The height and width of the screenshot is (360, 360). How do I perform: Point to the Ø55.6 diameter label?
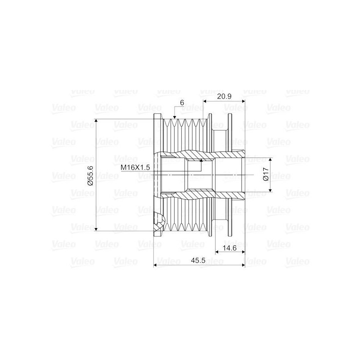[x=90, y=175]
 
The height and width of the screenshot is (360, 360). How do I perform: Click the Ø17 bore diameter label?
[x=265, y=175]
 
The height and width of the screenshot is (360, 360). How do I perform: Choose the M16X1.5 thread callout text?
[x=135, y=167]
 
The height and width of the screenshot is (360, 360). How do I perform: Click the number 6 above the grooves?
[x=182, y=103]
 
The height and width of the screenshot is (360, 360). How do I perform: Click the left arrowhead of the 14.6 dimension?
[x=216, y=252]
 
